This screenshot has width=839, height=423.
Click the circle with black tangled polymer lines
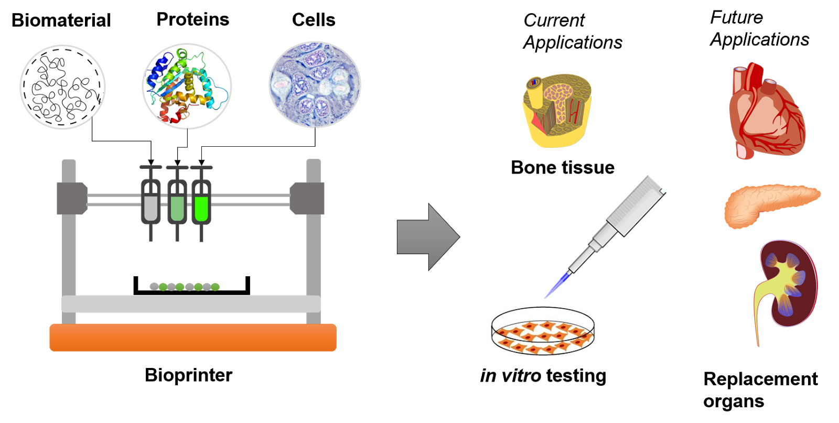(x=62, y=87)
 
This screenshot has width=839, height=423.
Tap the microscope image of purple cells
(x=315, y=84)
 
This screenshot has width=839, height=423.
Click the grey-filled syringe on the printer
(x=150, y=202)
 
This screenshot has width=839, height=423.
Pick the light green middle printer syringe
(x=177, y=202)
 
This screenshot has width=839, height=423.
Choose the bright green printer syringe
(x=201, y=202)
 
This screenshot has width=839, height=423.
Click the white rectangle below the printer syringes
(x=191, y=263)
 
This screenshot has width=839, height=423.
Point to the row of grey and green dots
(x=185, y=287)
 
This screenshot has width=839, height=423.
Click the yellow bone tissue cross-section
(x=557, y=110)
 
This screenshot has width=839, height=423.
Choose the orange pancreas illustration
(x=772, y=206)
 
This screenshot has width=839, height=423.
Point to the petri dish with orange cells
(x=544, y=331)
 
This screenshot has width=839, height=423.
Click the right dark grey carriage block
(x=308, y=198)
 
